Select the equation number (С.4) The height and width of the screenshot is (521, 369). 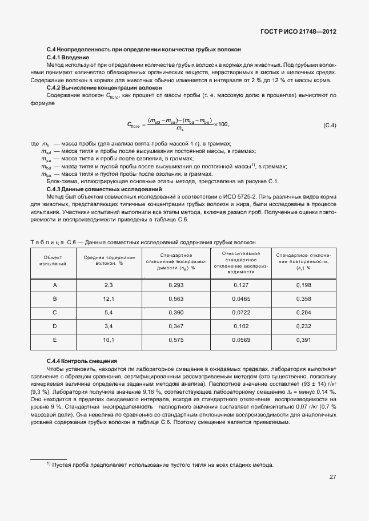point(330,125)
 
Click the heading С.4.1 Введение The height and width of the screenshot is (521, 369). point(67,58)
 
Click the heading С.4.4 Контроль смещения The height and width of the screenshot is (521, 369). point(82,361)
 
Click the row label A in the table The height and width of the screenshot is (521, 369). point(55,285)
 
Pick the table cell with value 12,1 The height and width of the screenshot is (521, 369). point(109,298)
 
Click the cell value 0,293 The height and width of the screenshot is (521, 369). point(176,285)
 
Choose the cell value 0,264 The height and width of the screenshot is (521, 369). point(303,312)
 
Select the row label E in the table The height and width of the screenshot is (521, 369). point(55,340)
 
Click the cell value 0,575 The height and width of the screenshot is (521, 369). point(176,340)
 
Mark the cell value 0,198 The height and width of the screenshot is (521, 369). point(303,285)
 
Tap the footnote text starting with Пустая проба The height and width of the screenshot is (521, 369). point(162,465)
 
